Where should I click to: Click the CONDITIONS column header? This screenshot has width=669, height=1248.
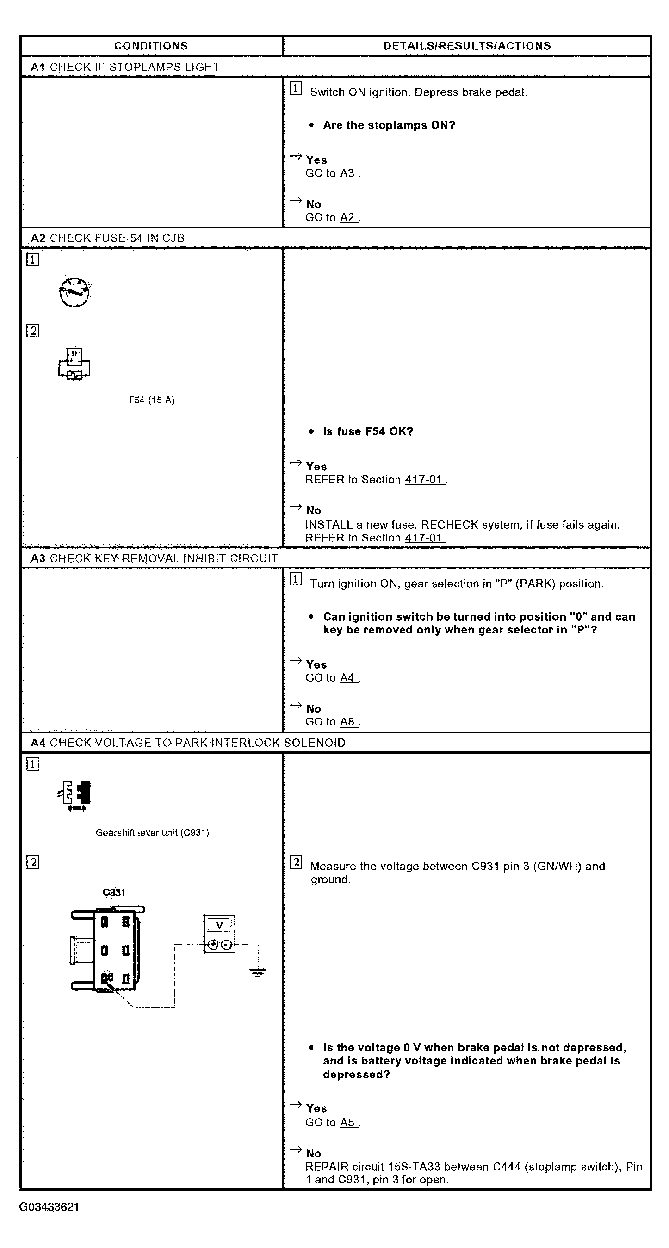tap(151, 46)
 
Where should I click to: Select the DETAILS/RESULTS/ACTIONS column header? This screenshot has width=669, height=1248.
tap(467, 46)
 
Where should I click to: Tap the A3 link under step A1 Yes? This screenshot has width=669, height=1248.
tap(347, 173)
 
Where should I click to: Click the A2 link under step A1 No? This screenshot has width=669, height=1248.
tap(347, 217)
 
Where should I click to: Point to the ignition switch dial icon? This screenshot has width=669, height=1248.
tap(74, 292)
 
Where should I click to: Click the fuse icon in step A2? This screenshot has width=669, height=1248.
tap(74, 364)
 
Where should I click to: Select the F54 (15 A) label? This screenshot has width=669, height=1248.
tap(152, 400)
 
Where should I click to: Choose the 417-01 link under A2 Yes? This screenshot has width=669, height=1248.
tap(424, 480)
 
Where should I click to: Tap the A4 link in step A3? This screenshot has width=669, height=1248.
tap(347, 678)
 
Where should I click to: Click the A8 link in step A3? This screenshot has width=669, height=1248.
tap(347, 722)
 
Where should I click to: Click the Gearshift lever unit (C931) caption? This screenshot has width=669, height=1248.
tap(152, 833)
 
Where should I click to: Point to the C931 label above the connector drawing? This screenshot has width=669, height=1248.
tap(114, 892)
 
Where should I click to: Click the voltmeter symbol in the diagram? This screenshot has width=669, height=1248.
tap(220, 934)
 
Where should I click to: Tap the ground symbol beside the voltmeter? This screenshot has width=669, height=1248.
tap(258, 973)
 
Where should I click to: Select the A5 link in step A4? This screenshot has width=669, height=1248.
tap(347, 1123)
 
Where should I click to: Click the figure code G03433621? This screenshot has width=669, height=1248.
tap(49, 1207)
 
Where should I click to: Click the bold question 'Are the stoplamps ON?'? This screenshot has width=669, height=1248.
tap(389, 125)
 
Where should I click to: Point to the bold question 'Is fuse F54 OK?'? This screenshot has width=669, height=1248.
tap(368, 432)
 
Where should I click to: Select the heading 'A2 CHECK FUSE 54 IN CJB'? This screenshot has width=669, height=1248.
tap(108, 238)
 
